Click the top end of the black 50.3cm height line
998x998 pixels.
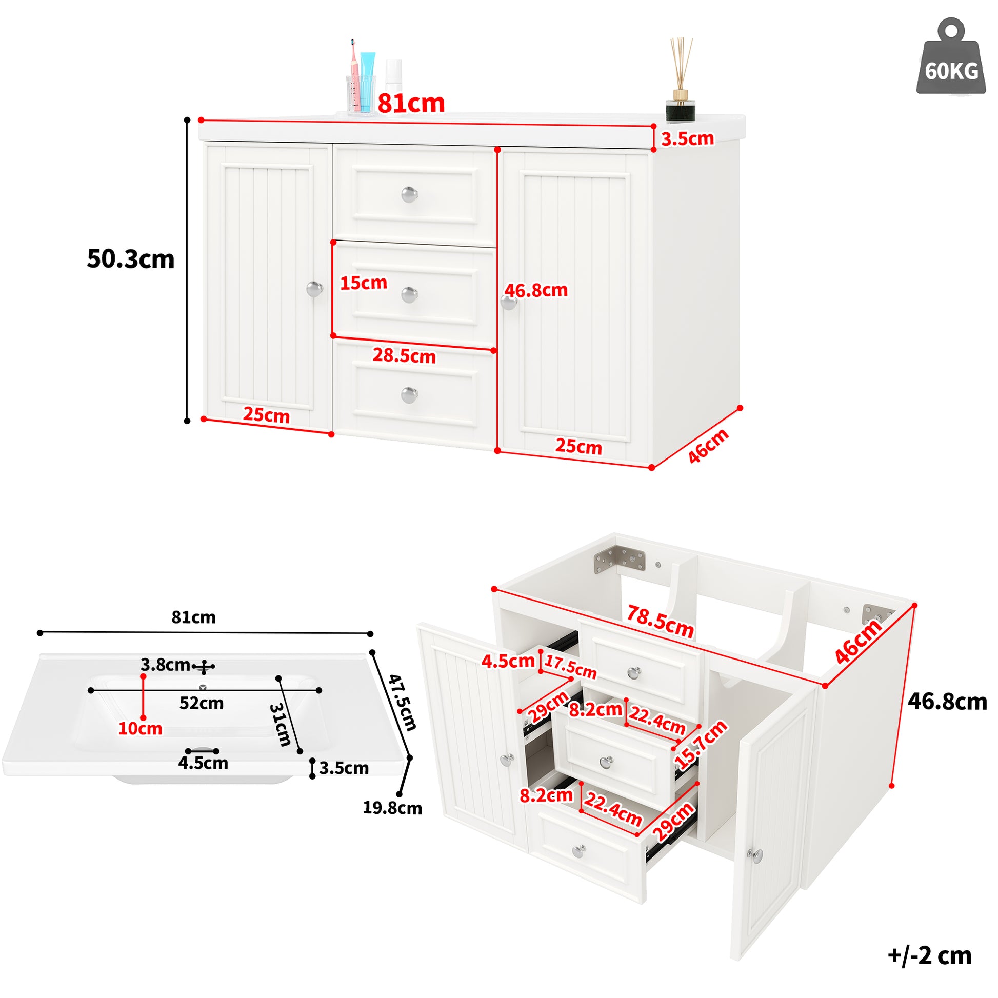click(x=188, y=120)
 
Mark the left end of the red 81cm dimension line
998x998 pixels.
click(x=202, y=120)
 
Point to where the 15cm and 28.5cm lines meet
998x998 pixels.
click(x=334, y=336)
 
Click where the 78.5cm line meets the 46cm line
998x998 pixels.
click(x=825, y=686)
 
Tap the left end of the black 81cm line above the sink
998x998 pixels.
click(x=41, y=632)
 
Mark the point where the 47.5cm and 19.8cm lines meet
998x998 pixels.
click(x=410, y=758)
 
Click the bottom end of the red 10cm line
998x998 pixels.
click(x=143, y=717)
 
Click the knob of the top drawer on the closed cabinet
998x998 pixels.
click(x=410, y=194)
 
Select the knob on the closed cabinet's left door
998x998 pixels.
click(x=314, y=289)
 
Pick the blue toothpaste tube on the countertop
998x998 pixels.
click(x=367, y=82)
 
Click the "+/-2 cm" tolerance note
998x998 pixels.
click(x=929, y=955)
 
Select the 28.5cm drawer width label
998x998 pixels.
click(x=404, y=355)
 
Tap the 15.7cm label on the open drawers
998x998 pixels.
click(x=701, y=744)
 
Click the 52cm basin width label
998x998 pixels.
click(x=202, y=703)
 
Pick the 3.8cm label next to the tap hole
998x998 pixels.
click(x=165, y=664)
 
